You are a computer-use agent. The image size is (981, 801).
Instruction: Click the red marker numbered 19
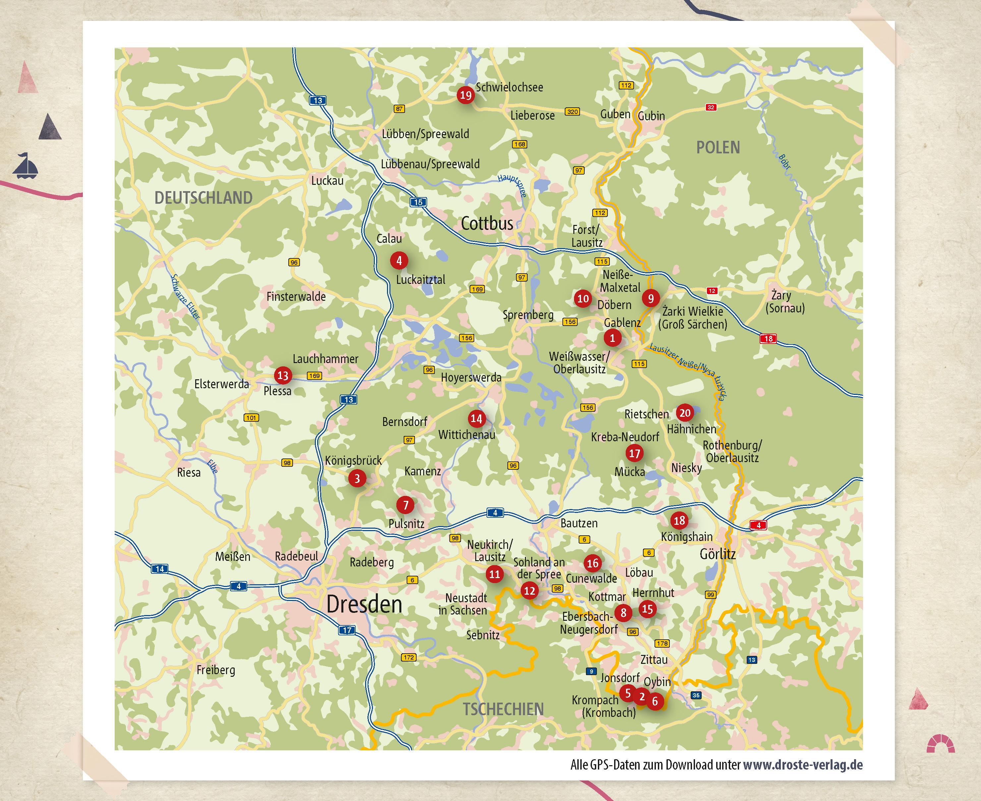(x=465, y=95)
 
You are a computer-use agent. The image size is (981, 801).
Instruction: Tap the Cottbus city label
(x=487, y=224)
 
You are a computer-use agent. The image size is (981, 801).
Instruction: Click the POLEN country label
(x=718, y=148)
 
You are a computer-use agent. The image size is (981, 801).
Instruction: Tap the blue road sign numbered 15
(x=418, y=202)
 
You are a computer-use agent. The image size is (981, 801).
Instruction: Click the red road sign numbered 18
(x=768, y=339)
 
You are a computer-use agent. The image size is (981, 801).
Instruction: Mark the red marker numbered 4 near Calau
(x=399, y=260)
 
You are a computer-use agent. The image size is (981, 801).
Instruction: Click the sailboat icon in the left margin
(x=26, y=166)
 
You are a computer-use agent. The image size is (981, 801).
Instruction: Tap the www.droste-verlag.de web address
(x=802, y=765)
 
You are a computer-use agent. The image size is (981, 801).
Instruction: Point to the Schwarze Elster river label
(x=186, y=297)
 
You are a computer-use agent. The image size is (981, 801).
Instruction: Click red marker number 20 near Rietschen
(x=685, y=412)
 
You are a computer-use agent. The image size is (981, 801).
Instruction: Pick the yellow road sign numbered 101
(x=251, y=418)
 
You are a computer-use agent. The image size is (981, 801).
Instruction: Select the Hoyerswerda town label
(x=471, y=377)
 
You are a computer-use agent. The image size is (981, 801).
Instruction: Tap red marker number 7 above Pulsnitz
(x=405, y=505)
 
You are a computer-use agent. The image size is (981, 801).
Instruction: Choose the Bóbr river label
(x=785, y=162)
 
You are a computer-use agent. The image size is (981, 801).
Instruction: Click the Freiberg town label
(x=216, y=669)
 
